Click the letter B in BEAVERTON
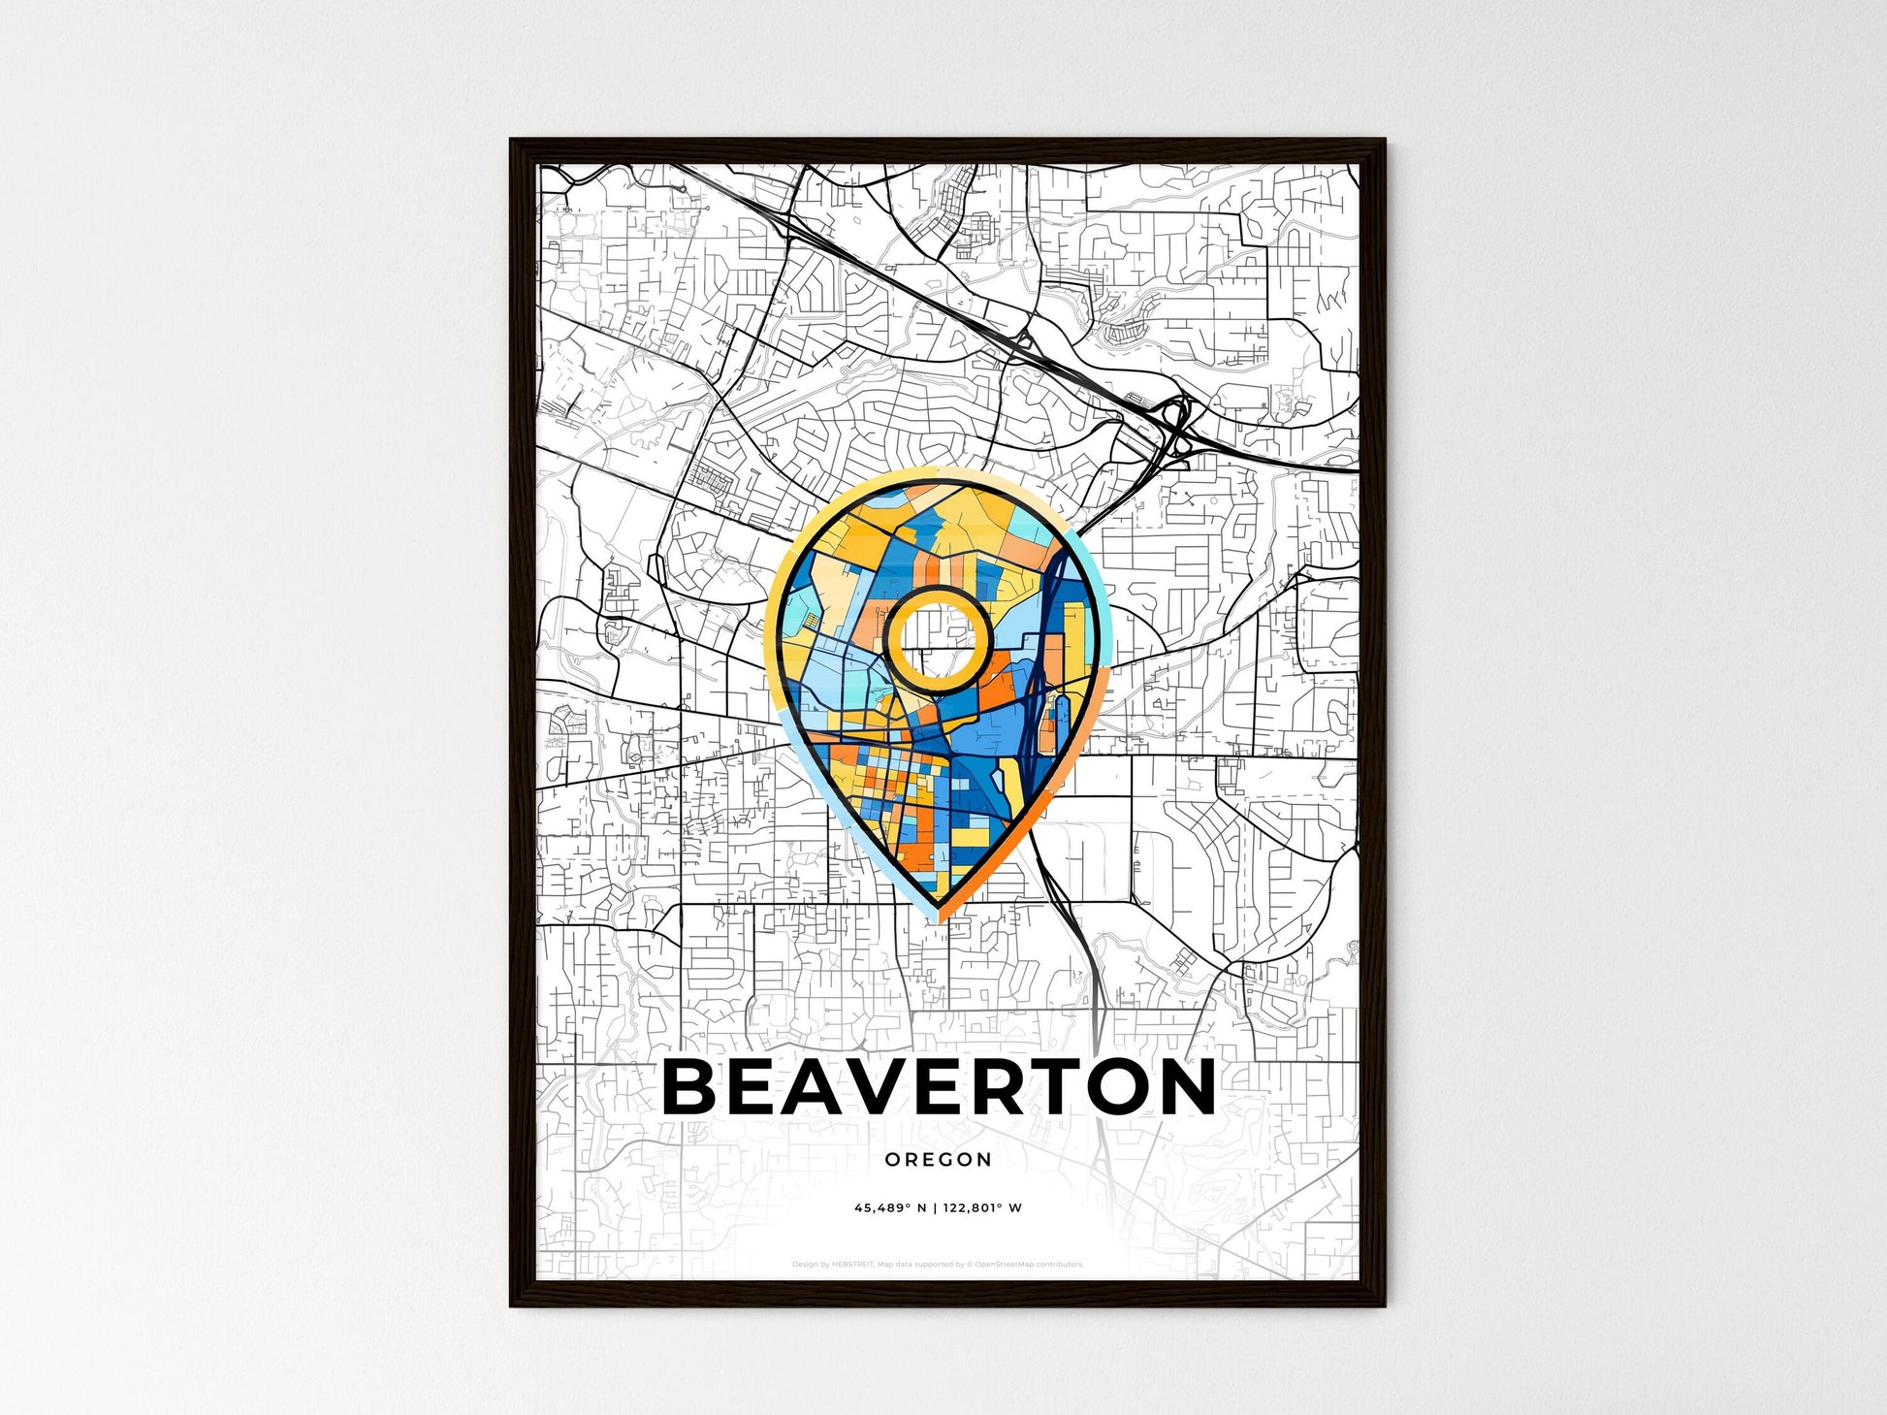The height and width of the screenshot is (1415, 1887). pos(695,1087)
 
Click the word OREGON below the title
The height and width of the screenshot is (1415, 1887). pos(938,1160)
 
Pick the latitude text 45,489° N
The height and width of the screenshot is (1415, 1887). pos(890,1208)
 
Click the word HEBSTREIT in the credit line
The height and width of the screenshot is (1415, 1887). pos(852,1265)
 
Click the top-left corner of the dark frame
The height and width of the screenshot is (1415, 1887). pos(513,142)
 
